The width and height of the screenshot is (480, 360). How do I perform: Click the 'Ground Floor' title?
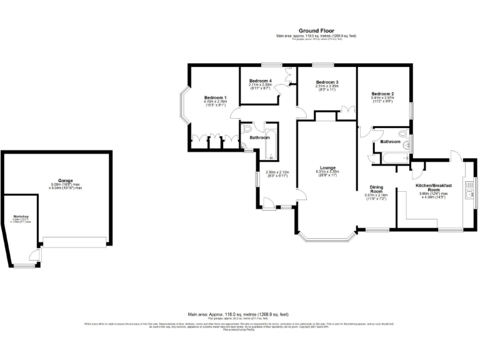click(x=316, y=30)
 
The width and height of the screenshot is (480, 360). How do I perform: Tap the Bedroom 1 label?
click(x=215, y=97)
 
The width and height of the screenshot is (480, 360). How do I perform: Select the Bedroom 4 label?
click(x=260, y=81)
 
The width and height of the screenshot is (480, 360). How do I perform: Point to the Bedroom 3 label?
click(x=326, y=82)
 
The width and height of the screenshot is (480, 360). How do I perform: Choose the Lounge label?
click(x=327, y=167)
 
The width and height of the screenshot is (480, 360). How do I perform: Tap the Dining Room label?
click(x=376, y=188)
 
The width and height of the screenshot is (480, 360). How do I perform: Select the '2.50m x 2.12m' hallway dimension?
click(x=276, y=173)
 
